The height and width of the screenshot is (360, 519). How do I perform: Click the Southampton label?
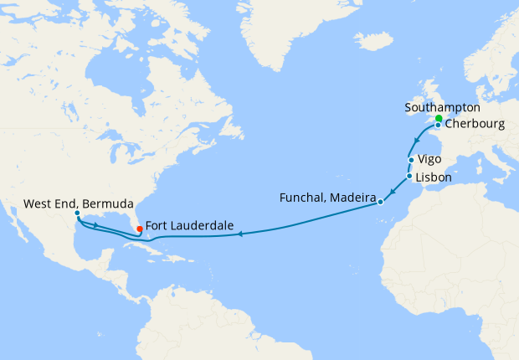pyautogui.click(x=441, y=108)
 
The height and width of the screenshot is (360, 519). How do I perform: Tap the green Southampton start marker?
pyautogui.click(x=439, y=119)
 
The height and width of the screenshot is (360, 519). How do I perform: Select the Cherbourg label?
pyautogui.click(x=474, y=125)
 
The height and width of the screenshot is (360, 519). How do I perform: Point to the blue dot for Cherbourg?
pyautogui.click(x=438, y=126)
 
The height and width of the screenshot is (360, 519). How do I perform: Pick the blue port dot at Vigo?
pyautogui.click(x=411, y=160)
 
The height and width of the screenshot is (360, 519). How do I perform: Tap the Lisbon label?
pyautogui.click(x=434, y=177)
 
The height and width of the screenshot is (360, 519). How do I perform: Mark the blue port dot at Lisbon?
pyautogui.click(x=409, y=177)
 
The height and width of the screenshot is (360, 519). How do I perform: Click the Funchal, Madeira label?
pyautogui.click(x=326, y=198)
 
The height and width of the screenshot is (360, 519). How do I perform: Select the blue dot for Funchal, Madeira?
pyautogui.click(x=381, y=202)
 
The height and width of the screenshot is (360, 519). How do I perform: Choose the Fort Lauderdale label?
pyautogui.click(x=188, y=225)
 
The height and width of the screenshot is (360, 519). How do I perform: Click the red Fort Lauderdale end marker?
pyautogui.click(x=138, y=229)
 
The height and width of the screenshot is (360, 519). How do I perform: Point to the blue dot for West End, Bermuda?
pyautogui.click(x=76, y=214)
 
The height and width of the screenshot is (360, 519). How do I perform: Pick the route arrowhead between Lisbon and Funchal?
pyautogui.click(x=392, y=193)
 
